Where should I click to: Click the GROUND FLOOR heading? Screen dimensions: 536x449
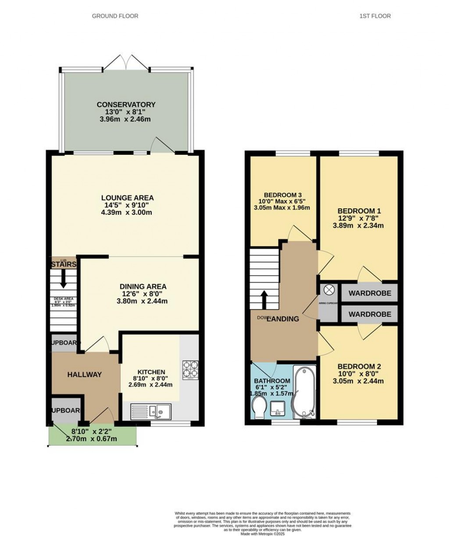click(115, 16)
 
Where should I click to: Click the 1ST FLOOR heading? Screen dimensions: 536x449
click(375, 16)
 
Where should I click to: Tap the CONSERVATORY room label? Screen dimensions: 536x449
click(126, 104)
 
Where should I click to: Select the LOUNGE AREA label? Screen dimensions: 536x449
click(128, 198)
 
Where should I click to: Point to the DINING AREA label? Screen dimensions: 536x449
click(143, 286)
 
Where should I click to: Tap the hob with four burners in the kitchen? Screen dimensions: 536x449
click(190, 368)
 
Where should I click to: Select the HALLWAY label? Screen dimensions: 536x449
click(84, 375)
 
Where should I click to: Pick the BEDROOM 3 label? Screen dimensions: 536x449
click(282, 195)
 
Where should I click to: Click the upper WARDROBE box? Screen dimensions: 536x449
click(369, 293)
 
